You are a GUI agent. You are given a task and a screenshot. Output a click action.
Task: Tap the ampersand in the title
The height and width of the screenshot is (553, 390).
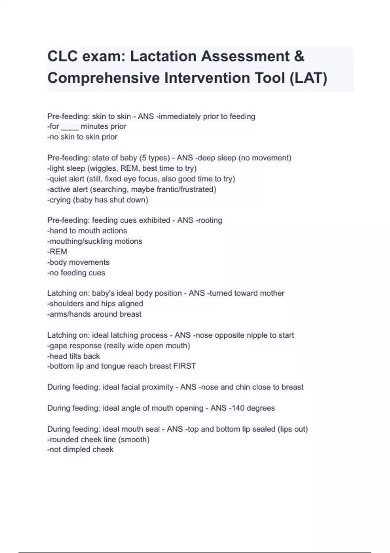point(299,56)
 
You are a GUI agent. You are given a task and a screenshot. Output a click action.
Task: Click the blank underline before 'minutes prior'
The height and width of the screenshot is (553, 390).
point(70,127)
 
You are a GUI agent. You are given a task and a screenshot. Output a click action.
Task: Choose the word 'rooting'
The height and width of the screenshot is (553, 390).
point(210,220)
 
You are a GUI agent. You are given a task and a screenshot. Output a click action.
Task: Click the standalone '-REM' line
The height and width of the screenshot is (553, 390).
point(58,252)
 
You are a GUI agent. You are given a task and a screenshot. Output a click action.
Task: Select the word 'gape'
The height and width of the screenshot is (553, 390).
point(59,346)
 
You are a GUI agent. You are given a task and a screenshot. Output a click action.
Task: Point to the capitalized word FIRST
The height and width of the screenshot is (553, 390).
point(185,366)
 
